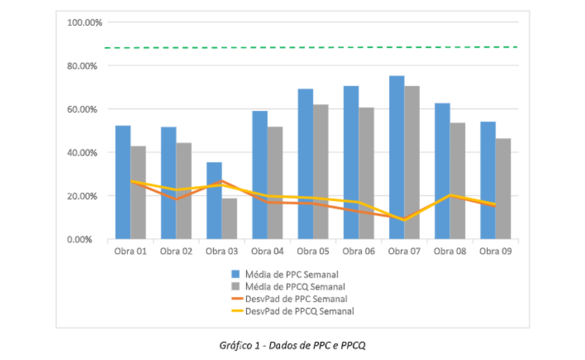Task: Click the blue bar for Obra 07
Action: (x=396, y=143)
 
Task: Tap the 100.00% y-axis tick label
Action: (x=83, y=22)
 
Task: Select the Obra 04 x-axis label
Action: (x=267, y=251)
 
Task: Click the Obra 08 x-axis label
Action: (x=450, y=251)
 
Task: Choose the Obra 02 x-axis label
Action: (x=176, y=251)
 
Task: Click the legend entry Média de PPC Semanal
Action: (x=289, y=274)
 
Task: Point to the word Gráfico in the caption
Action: (x=235, y=345)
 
